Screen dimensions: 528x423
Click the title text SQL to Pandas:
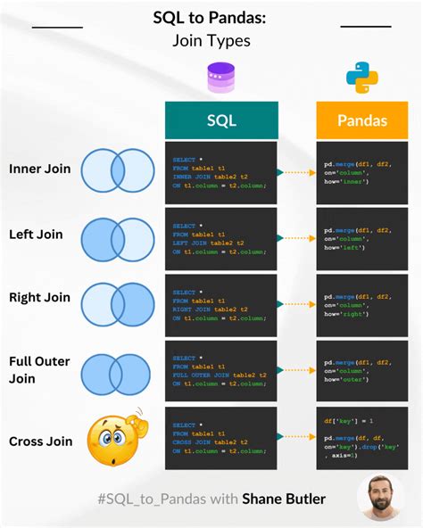click(212, 18)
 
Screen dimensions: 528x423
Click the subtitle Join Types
click(212, 40)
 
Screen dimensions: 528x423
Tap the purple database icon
click(220, 78)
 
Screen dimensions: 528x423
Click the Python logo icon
click(361, 78)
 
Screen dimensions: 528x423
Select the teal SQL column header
click(221, 120)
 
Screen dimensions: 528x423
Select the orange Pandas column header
click(361, 120)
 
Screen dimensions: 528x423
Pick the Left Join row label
click(36, 234)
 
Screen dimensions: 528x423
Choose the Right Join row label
click(38, 298)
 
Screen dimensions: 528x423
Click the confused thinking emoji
click(113, 438)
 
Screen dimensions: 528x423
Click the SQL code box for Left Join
click(221, 238)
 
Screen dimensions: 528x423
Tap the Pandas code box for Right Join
click(361, 305)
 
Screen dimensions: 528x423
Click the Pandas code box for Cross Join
click(361, 440)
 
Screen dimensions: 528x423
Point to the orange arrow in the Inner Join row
click(296, 172)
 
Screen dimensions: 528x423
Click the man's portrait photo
click(381, 498)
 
